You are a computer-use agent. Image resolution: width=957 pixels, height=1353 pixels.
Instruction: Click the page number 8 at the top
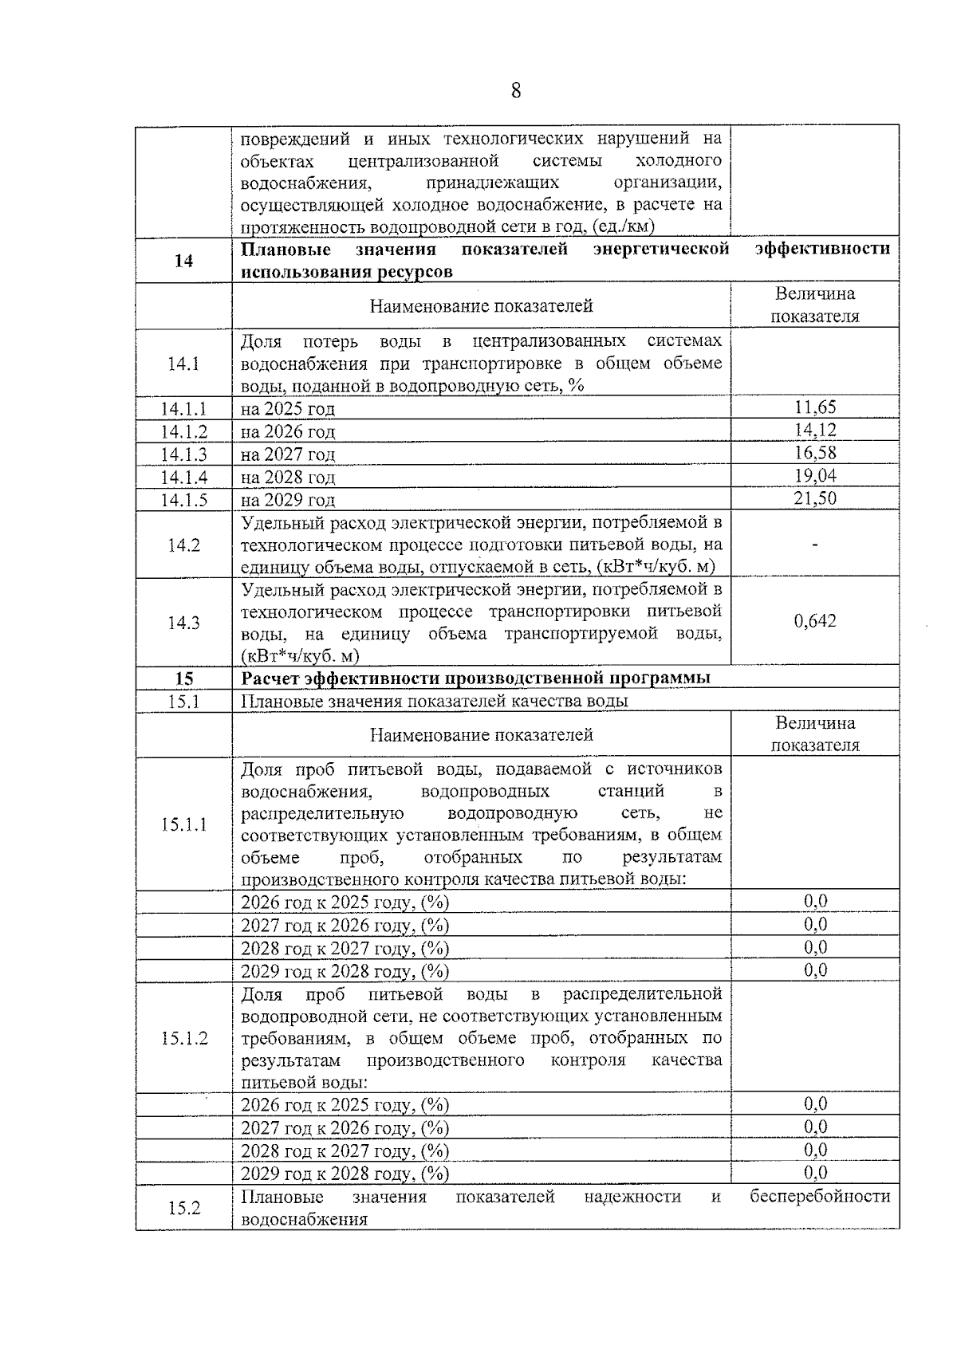click(515, 91)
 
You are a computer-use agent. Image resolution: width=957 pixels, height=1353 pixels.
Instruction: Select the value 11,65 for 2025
click(815, 407)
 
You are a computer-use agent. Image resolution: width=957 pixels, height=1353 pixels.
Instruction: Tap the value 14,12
click(815, 431)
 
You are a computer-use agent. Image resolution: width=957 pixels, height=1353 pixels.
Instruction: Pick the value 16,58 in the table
click(815, 453)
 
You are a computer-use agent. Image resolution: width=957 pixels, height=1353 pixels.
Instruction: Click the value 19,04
click(815, 476)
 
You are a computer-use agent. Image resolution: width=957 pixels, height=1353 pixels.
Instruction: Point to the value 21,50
click(815, 499)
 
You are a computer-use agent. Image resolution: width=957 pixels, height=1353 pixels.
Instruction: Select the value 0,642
click(815, 621)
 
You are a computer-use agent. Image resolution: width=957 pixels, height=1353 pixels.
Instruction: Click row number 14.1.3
click(183, 454)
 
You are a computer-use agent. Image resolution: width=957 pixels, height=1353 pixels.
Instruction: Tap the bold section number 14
click(183, 261)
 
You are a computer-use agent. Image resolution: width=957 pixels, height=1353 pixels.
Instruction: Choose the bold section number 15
click(183, 678)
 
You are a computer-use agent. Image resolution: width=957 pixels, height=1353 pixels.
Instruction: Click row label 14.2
click(183, 545)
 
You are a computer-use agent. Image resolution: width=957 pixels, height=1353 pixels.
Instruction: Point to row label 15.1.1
click(183, 824)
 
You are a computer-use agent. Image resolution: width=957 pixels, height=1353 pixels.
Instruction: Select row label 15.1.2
click(183, 1038)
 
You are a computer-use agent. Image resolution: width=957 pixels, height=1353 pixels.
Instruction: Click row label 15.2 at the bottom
click(183, 1208)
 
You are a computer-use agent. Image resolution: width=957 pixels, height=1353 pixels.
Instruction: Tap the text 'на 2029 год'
click(288, 501)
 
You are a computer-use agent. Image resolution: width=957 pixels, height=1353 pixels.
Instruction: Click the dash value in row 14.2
click(815, 545)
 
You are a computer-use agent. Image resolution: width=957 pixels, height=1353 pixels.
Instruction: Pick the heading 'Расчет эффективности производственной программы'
click(475, 678)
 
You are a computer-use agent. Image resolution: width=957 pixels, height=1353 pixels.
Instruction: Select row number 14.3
click(183, 623)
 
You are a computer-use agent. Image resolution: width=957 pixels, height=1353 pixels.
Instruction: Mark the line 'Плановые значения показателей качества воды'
click(435, 702)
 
